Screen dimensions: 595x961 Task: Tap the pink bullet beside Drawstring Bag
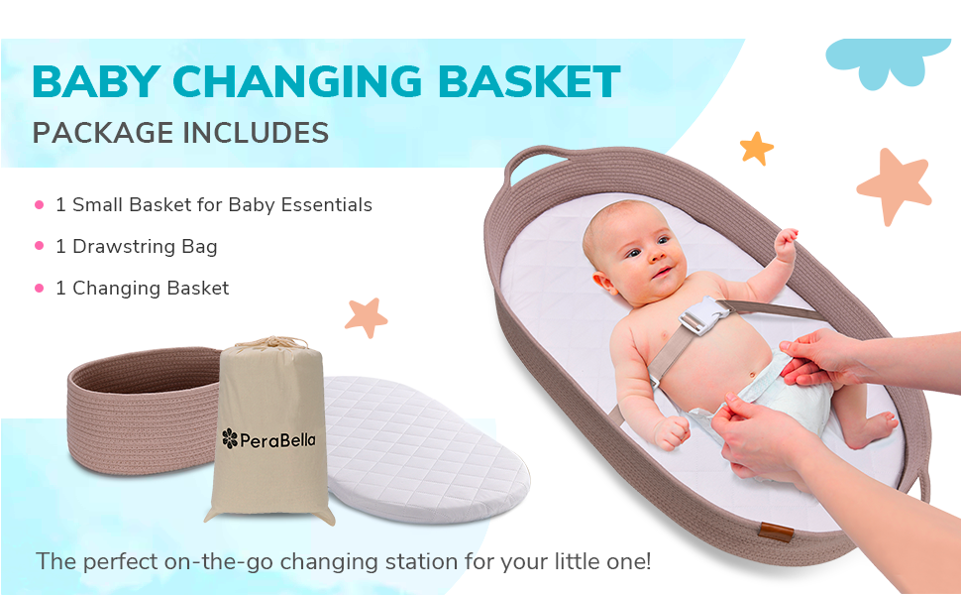pyautogui.click(x=40, y=246)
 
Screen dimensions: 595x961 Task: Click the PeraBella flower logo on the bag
pyautogui.click(x=230, y=437)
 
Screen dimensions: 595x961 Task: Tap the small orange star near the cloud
pyautogui.click(x=756, y=149)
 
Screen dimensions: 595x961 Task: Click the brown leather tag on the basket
pyautogui.click(x=769, y=534)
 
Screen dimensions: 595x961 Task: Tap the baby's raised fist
pyautogui.click(x=786, y=243)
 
